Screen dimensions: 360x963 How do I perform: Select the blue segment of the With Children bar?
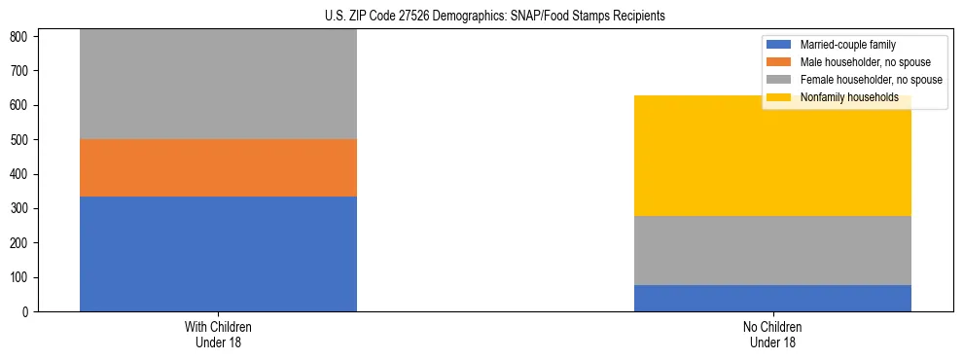[x=218, y=254]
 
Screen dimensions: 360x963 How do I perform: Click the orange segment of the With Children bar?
[x=218, y=167]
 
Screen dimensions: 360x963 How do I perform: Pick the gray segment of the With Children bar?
[x=218, y=84]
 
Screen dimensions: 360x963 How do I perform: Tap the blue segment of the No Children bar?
[x=772, y=298]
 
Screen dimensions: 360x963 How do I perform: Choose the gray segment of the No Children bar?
[x=772, y=250]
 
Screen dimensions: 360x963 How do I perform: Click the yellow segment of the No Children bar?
[x=772, y=156]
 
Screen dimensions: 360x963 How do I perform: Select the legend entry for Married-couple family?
[x=847, y=45]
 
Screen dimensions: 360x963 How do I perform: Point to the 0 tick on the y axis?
[x=27, y=311]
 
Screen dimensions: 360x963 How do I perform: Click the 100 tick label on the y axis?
[x=21, y=277]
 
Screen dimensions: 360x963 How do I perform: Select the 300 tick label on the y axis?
[x=21, y=208]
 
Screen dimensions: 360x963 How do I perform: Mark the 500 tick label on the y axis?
[x=21, y=140]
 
